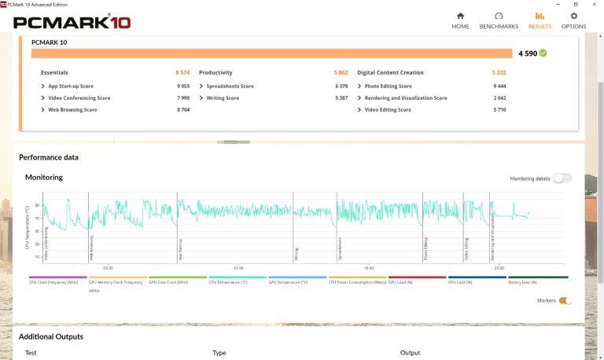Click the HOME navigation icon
point(460,16)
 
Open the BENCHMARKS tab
point(499,16)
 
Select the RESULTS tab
point(540,16)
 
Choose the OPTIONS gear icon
point(573,16)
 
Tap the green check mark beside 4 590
point(543,53)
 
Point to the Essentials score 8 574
point(182,72)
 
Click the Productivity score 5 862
point(341,72)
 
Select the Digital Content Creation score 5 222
point(499,72)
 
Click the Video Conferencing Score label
point(79,98)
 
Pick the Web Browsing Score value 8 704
point(183,110)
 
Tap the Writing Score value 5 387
point(341,98)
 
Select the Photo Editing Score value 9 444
point(499,86)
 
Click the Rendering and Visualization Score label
point(406,98)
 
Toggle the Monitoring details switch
point(562,178)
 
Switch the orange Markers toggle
point(565,300)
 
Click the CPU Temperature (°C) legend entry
point(228,281)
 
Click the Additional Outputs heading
point(51,336)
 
